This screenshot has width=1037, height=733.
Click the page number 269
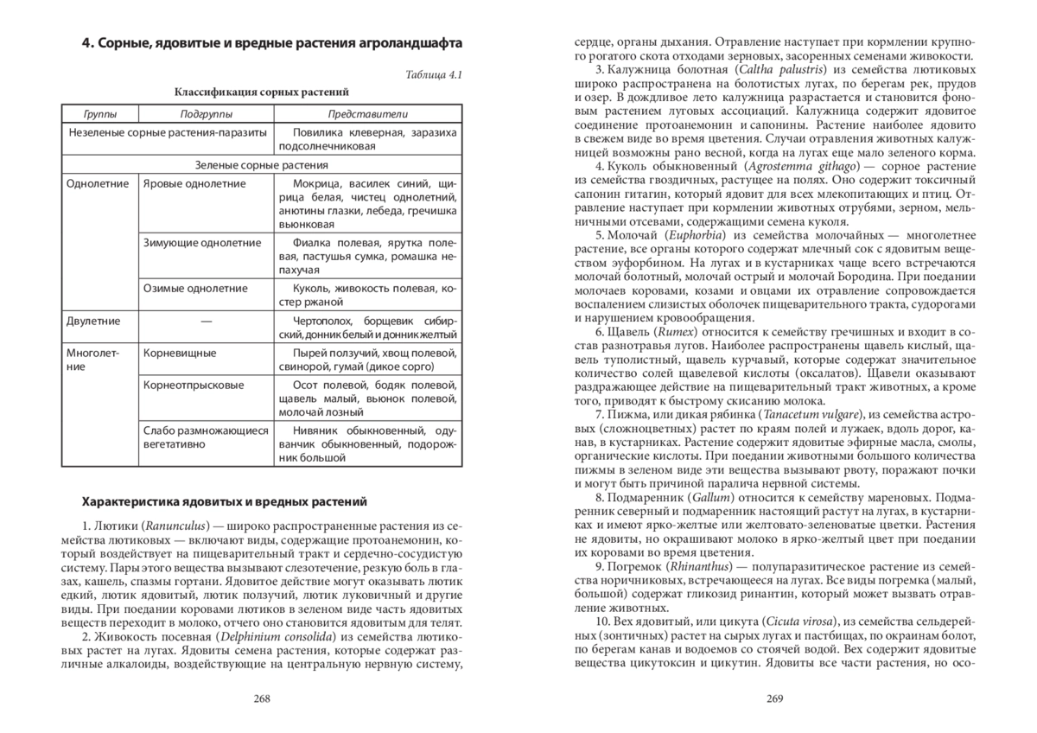(x=774, y=699)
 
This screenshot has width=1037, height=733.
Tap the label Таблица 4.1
(x=434, y=74)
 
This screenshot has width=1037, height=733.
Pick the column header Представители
(x=368, y=114)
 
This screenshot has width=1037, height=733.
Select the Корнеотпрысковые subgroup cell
(x=194, y=385)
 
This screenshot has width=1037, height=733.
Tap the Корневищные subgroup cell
(x=180, y=353)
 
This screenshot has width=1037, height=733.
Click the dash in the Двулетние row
(x=206, y=321)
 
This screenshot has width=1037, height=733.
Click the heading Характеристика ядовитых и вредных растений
(x=224, y=500)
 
